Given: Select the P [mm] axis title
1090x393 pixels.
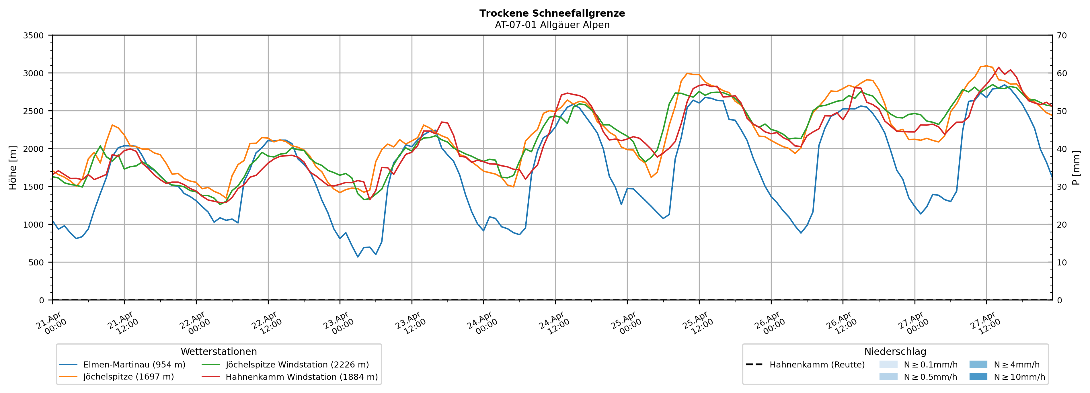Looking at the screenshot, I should (1076, 167).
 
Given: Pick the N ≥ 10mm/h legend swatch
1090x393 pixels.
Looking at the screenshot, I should (978, 376).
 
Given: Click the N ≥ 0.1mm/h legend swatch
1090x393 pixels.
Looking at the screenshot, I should (888, 364).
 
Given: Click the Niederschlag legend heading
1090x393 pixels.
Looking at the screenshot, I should (895, 351).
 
